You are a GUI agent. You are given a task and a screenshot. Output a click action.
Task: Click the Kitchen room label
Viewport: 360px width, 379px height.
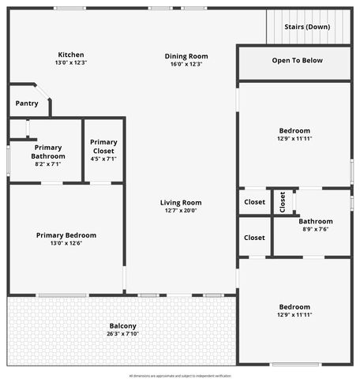click(x=70, y=54)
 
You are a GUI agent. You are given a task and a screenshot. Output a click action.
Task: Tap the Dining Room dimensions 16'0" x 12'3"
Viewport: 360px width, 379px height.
click(x=186, y=64)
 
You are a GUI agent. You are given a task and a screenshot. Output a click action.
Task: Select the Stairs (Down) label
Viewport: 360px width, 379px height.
click(x=307, y=26)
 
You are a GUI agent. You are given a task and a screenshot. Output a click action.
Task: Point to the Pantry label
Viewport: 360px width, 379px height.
click(x=27, y=103)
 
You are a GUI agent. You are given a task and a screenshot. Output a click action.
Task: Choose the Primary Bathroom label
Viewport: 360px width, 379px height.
click(x=48, y=152)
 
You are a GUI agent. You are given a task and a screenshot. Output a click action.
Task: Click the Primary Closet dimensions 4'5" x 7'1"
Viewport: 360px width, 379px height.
click(x=103, y=159)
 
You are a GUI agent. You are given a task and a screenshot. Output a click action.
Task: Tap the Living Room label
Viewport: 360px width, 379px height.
click(x=180, y=202)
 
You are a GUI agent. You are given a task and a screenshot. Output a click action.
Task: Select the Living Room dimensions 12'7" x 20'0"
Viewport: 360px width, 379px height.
click(x=180, y=211)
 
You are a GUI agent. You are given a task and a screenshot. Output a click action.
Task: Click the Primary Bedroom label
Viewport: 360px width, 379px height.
click(x=66, y=235)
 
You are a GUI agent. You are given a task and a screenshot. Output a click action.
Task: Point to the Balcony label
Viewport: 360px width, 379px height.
click(x=122, y=326)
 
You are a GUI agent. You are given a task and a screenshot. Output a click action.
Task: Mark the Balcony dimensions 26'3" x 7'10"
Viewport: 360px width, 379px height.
click(x=122, y=335)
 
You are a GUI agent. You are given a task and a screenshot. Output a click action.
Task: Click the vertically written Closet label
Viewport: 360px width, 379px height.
click(x=283, y=202)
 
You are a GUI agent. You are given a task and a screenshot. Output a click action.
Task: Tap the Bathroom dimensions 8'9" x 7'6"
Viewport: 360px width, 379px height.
click(x=315, y=230)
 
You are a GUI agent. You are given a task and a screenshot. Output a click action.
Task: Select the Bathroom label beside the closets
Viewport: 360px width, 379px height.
click(x=315, y=221)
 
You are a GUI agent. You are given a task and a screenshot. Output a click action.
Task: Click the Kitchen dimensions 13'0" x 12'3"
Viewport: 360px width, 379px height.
click(x=70, y=63)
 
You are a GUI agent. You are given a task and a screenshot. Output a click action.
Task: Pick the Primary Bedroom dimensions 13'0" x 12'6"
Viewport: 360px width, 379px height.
click(x=66, y=244)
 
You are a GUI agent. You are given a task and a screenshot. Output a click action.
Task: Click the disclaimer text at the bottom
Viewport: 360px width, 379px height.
click(x=180, y=375)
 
